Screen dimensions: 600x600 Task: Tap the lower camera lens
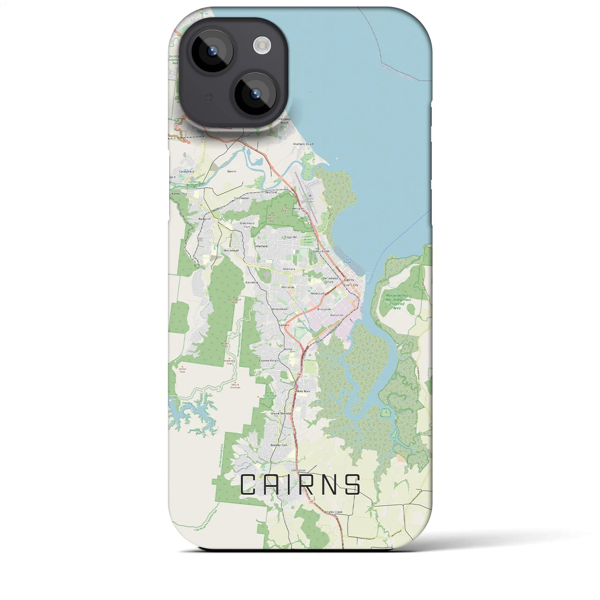point(255,94)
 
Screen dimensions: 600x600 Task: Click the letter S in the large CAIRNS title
point(352,485)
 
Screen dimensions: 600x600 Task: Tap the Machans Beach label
point(303,144)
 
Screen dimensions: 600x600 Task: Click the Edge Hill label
point(291,237)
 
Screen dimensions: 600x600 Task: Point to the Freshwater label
point(242,198)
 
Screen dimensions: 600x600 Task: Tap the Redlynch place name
point(205,219)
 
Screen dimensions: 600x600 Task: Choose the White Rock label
point(303,391)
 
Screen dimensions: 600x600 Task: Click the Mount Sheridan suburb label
point(281,413)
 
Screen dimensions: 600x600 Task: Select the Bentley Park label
point(278,445)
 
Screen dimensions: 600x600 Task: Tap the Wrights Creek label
point(333,512)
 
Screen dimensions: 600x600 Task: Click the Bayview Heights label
point(270,360)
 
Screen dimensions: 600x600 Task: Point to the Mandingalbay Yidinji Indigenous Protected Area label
point(397,301)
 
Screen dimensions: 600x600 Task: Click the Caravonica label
point(186,172)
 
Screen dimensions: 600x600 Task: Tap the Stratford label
point(271,192)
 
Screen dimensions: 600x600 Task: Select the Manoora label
point(289,269)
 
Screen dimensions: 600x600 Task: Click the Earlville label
point(285,324)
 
